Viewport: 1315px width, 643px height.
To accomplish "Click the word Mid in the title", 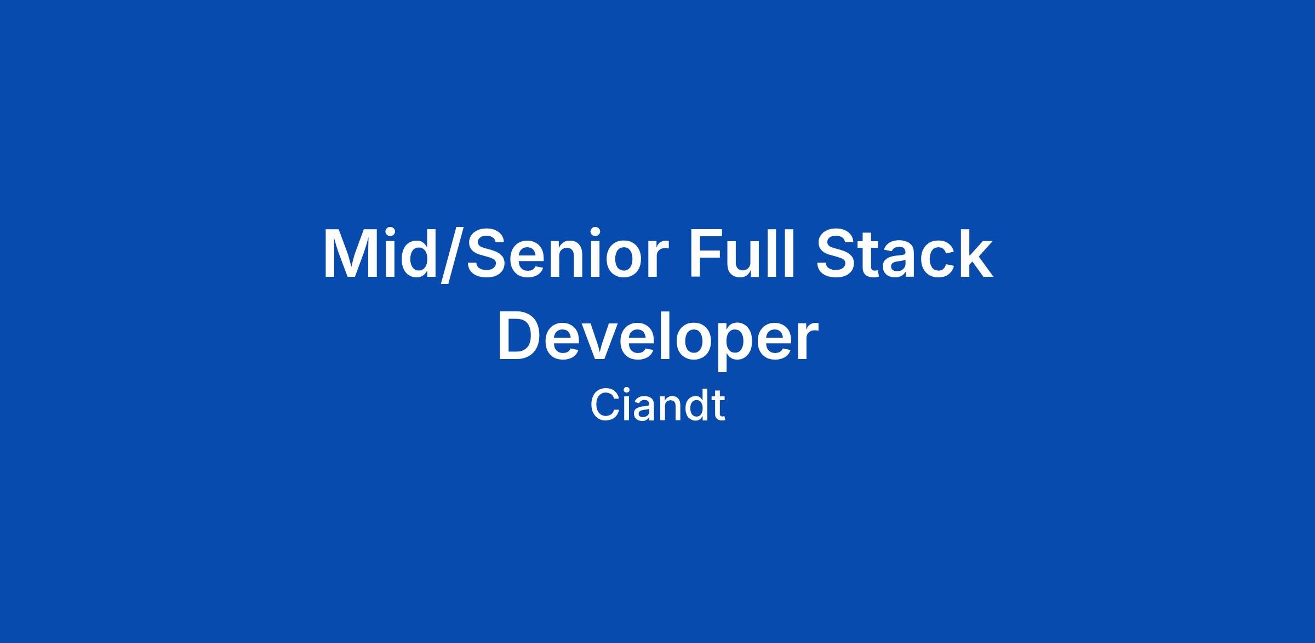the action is [379, 254].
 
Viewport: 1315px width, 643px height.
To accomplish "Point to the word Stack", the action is [904, 255].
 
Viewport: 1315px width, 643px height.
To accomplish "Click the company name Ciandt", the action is [658, 406].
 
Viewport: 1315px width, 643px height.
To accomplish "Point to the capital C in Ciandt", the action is [604, 406].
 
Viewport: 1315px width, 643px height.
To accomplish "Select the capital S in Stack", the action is [837, 255].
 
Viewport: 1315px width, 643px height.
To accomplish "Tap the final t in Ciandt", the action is [719, 408].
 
